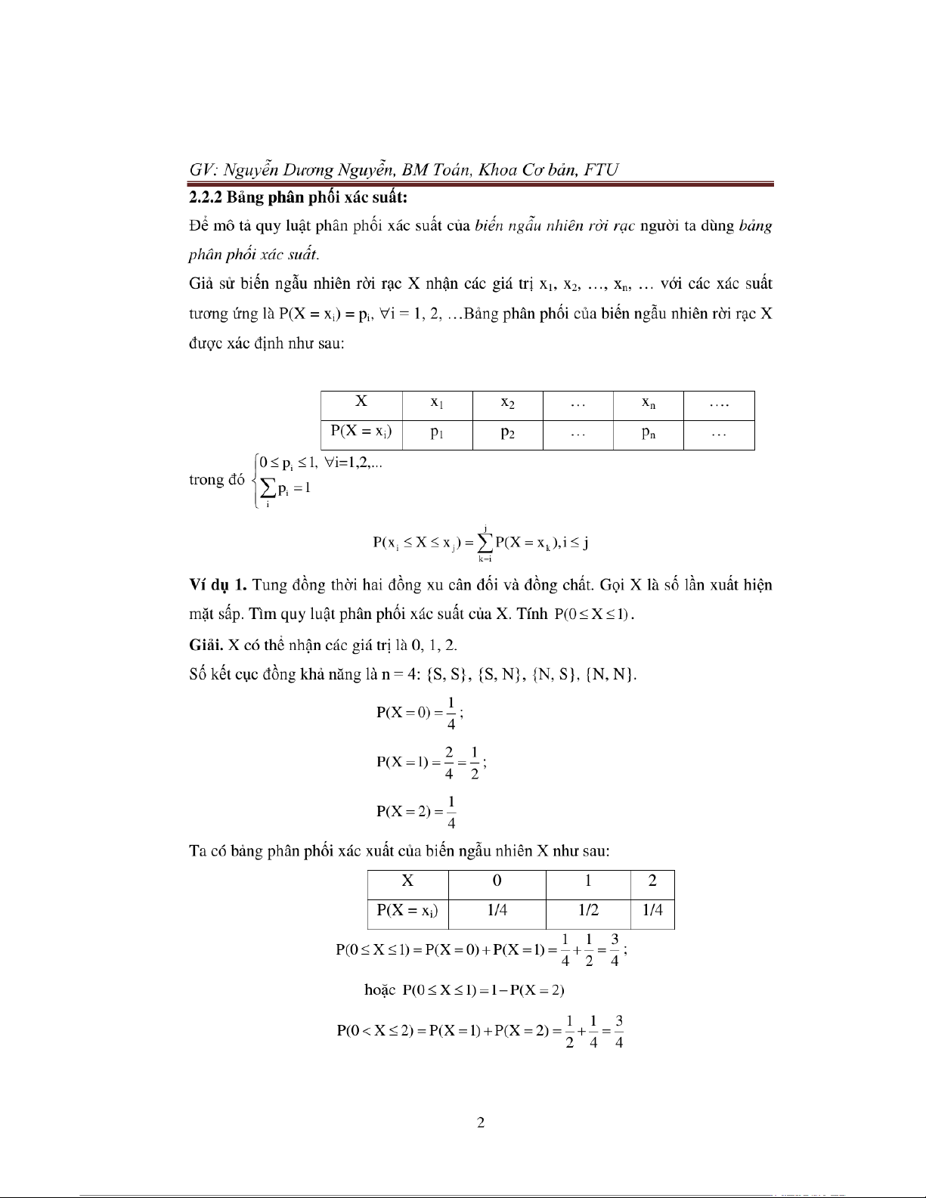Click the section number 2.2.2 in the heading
pos(205,198)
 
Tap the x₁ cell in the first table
pos(437,404)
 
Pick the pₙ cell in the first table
pos(648,434)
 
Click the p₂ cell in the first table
pos(507,434)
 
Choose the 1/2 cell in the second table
pos(588,910)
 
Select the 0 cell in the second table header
pos(497,881)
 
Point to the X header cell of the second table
pos(407,881)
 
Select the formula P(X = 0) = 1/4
pos(420,713)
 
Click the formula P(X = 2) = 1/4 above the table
pos(417,812)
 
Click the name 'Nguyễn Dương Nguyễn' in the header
pos(311,169)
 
